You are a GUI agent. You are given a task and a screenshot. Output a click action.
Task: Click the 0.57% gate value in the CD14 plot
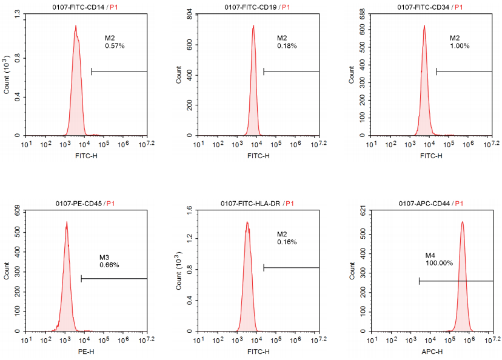point(115,46)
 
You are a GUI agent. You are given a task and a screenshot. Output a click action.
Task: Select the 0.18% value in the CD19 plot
point(287,46)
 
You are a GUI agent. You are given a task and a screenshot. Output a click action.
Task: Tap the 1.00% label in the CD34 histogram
point(460,46)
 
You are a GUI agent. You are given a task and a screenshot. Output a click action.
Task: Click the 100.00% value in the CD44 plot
point(439,263)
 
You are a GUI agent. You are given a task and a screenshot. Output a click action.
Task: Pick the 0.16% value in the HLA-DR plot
point(287,242)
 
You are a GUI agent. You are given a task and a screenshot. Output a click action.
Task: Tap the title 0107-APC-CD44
point(425,204)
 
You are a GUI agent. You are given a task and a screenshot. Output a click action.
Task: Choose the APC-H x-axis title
point(431,352)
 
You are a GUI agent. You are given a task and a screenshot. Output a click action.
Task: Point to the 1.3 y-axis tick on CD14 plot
point(16,12)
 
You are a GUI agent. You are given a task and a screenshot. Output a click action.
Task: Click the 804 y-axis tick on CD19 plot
point(189,13)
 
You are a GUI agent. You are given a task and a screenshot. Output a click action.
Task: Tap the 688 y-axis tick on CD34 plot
point(362,13)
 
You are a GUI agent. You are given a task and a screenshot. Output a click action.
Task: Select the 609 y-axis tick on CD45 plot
point(16,210)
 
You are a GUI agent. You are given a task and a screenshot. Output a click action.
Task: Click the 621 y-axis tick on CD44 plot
point(362,210)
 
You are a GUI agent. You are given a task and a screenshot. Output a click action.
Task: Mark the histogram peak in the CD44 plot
point(462,222)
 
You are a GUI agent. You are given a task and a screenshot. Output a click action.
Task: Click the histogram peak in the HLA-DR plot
point(247,222)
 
